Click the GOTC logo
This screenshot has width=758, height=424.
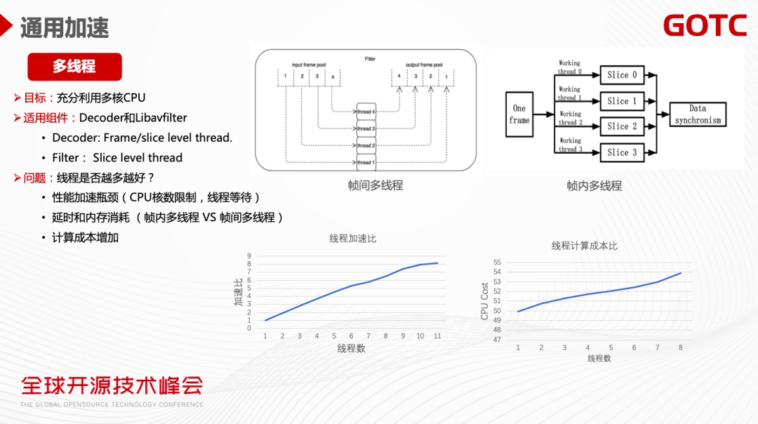pos(705,25)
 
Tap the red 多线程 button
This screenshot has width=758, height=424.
pos(74,67)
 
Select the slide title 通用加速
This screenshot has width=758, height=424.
pos(65,27)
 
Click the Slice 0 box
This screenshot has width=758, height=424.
pos(622,75)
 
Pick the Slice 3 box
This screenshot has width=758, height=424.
pos(622,152)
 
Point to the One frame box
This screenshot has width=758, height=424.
pos(519,114)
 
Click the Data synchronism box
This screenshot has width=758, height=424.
pos(698,114)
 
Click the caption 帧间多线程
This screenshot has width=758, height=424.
pos(375,186)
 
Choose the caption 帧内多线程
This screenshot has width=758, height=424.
pos(594,186)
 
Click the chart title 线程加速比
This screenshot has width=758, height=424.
pos(352,239)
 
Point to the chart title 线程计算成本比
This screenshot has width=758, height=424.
pos(584,246)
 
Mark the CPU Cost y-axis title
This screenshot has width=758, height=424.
pos(484,301)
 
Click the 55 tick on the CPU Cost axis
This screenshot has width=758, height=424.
pos(497,263)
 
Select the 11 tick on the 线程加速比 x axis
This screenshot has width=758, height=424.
pos(437,336)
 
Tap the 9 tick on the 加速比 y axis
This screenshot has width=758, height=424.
pos(249,256)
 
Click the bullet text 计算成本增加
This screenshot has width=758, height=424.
pos(85,237)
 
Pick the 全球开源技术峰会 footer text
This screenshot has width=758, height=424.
pos(112,385)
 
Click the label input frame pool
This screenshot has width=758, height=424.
pos(309,65)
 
